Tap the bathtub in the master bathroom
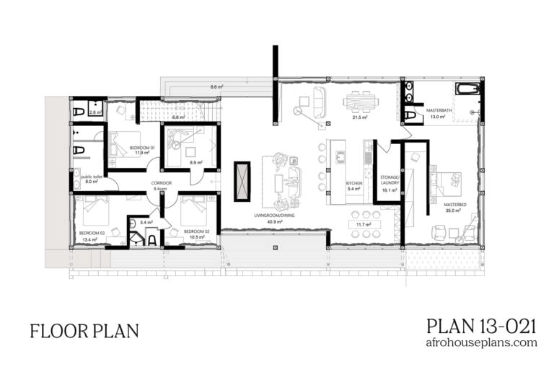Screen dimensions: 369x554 [x=467, y=89]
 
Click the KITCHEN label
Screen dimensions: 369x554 [x=353, y=184]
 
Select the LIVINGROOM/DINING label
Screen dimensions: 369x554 [x=275, y=215]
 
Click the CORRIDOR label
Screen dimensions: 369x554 [x=161, y=184]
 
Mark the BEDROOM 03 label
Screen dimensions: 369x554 [x=92, y=234]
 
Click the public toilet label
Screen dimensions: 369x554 [x=92, y=176]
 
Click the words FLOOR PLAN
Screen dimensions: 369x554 [x=84, y=331]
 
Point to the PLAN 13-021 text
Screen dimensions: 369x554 [x=481, y=325]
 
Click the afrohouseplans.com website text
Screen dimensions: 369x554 [x=481, y=343]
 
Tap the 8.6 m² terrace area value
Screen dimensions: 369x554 [x=216, y=86]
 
